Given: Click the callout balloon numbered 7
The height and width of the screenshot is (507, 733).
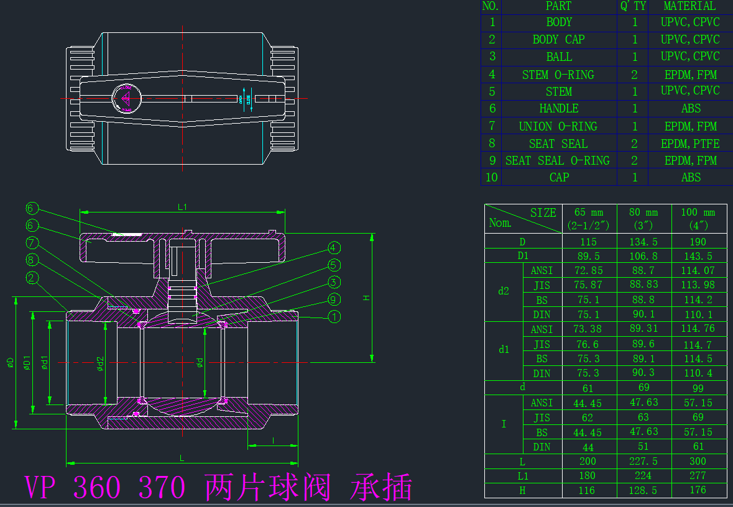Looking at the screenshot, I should click(x=32, y=243).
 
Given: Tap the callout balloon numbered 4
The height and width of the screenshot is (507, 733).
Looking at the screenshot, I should click(x=333, y=248).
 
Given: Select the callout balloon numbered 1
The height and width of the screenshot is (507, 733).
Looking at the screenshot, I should click(x=334, y=317).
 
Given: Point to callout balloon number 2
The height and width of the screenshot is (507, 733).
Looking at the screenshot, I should click(x=32, y=278).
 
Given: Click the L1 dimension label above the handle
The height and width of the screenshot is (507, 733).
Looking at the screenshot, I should click(x=182, y=207).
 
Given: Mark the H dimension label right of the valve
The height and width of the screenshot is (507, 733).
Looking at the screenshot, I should click(x=367, y=298).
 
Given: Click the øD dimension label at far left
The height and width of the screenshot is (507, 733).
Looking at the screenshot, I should click(x=11, y=363).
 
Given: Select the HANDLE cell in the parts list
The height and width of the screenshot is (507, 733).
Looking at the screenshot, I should click(x=559, y=109).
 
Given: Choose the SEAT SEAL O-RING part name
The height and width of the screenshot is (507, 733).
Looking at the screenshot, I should click(x=558, y=160).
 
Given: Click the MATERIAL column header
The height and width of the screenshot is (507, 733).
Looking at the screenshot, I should click(x=689, y=6).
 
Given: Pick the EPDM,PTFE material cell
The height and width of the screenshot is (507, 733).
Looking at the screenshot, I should click(x=690, y=144).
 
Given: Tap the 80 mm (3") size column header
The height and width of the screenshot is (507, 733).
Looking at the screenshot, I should click(x=643, y=219).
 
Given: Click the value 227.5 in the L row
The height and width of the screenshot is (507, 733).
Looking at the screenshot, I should click(x=643, y=461).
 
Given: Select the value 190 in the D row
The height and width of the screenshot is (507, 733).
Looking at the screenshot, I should click(x=698, y=242).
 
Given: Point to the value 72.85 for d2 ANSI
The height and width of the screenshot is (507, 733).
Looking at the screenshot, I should click(x=589, y=270).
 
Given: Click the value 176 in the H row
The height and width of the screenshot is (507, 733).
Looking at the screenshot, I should click(x=698, y=490).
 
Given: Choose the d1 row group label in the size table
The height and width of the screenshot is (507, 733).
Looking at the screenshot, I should click(x=504, y=350).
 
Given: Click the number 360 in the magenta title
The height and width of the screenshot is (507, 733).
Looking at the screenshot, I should click(x=97, y=488).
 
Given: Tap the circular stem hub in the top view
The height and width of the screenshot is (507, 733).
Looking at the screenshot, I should click(x=126, y=98).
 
